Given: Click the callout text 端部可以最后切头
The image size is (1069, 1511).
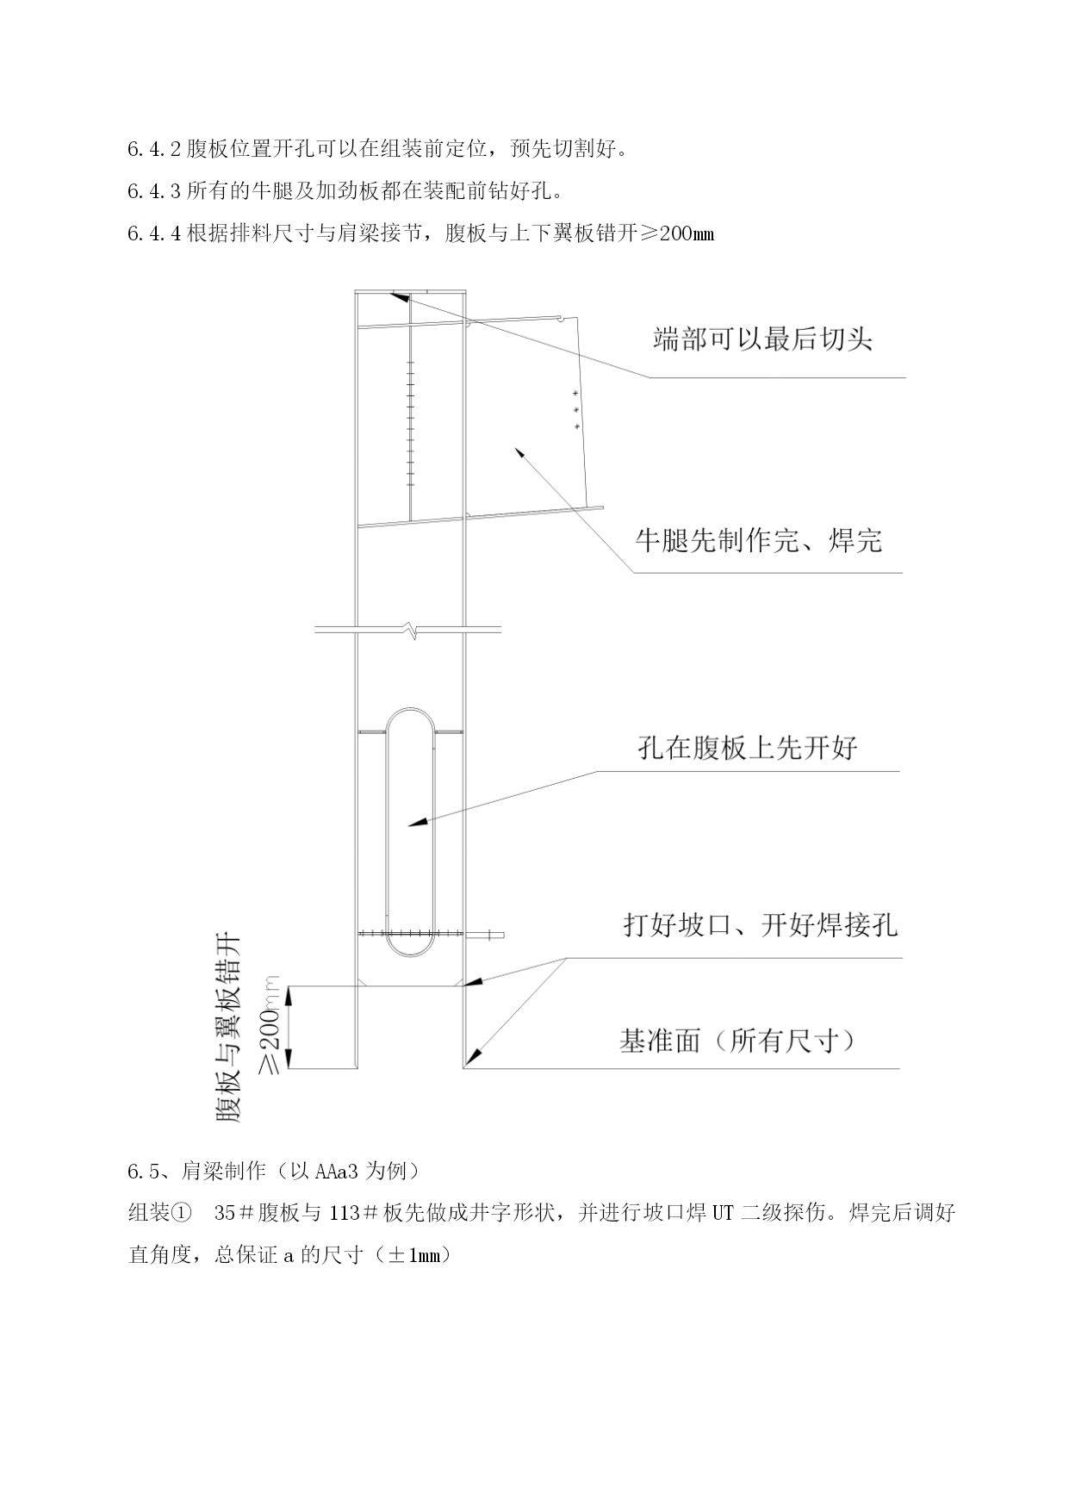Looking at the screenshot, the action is tap(762, 339).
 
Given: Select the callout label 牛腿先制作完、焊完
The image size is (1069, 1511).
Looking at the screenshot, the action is tap(759, 540).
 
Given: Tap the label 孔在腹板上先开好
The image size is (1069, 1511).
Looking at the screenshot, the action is tap(748, 747).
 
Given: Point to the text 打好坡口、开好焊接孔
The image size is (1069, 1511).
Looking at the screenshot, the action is tap(761, 924).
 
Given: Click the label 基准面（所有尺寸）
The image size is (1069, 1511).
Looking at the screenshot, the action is tap(738, 1041).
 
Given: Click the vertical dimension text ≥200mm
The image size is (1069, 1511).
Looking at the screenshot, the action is tap(270, 1025).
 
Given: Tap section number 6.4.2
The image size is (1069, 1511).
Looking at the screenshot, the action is tap(154, 149).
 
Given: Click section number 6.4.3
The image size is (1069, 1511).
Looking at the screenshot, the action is tap(154, 190).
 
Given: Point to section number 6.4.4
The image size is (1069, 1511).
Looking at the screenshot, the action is tap(154, 233).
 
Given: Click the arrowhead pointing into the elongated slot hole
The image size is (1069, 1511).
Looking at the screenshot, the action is tap(417, 824).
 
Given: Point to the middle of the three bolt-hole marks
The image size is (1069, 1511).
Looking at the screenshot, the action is tap(575, 409).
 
